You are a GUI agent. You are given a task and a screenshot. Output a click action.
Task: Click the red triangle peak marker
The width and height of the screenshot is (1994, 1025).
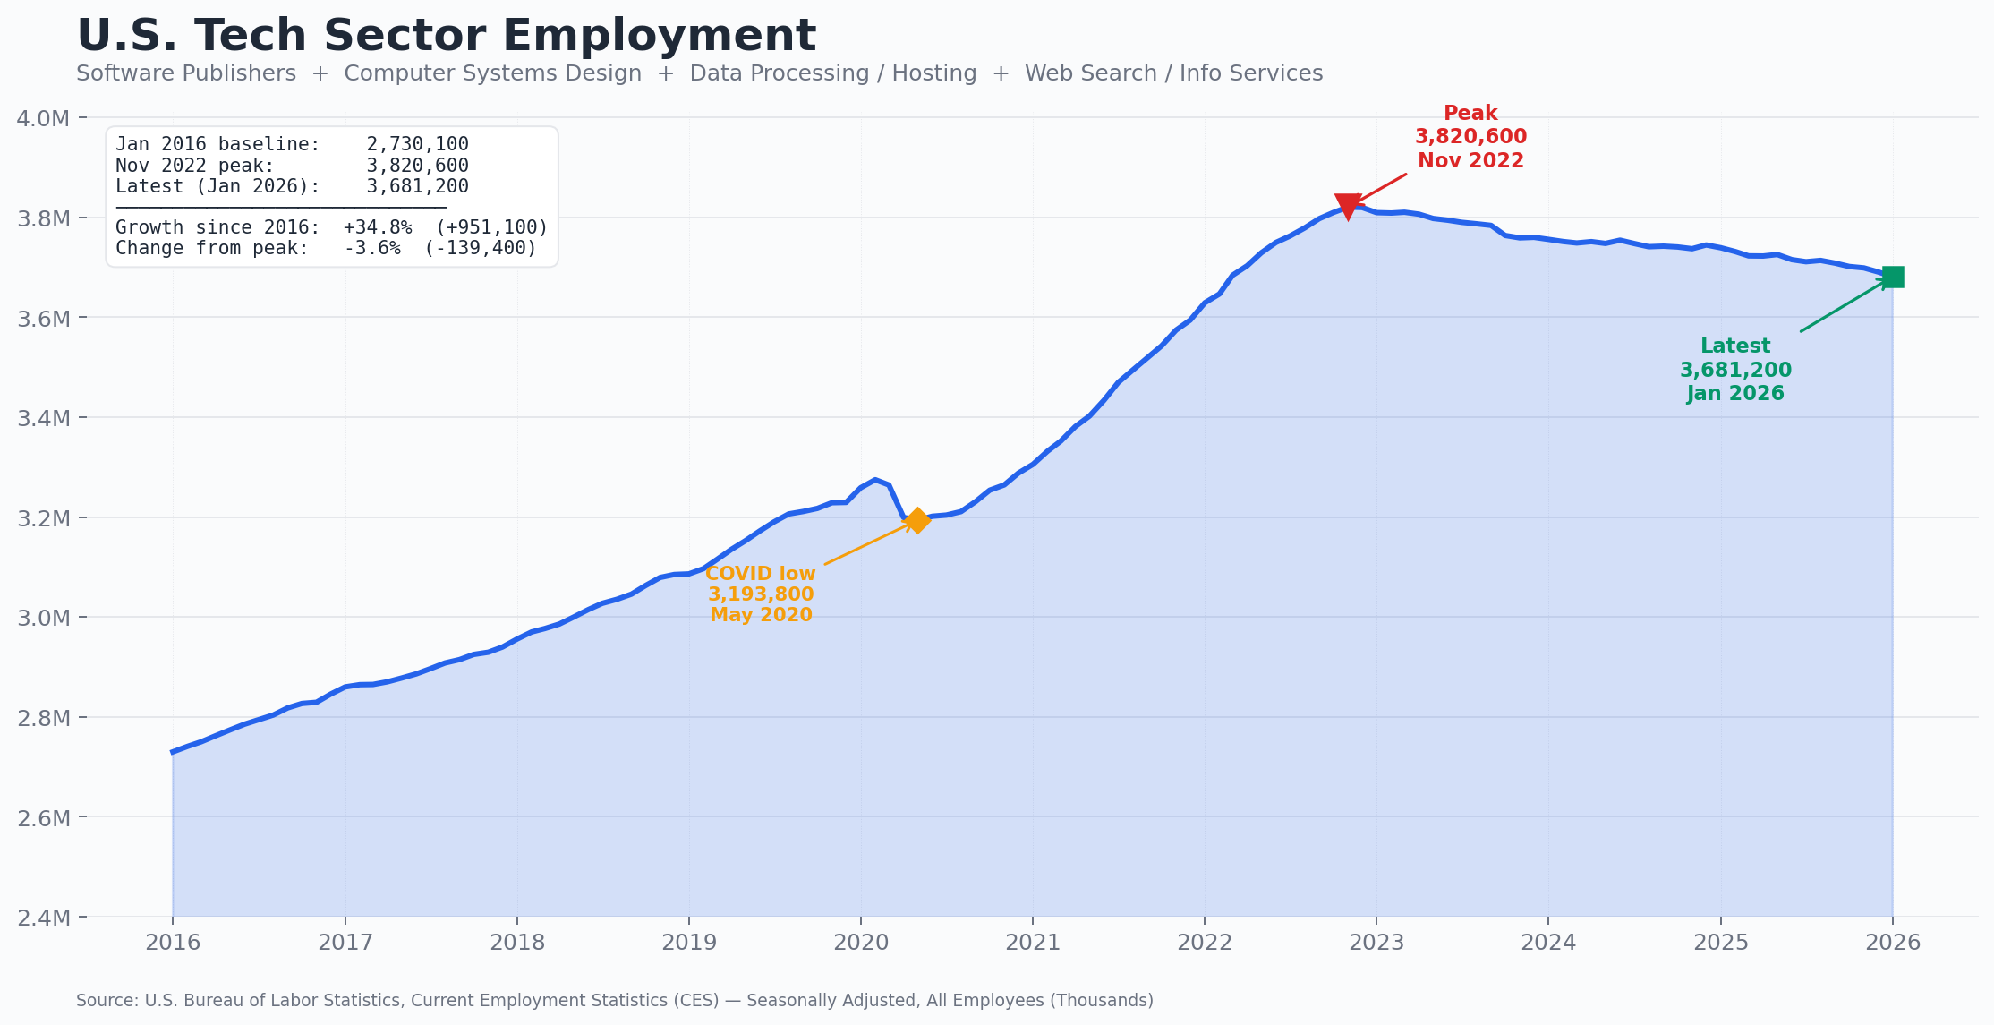pos(1348,205)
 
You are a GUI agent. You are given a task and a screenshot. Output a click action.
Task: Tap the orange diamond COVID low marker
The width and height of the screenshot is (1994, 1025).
pos(916,520)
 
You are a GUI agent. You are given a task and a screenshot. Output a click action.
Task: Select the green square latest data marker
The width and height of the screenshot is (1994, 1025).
pos(1893,278)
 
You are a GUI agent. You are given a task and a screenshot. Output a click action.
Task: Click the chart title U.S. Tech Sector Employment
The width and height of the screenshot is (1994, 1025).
pos(446,37)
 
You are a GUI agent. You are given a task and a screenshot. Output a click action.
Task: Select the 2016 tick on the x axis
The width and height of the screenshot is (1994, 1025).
pos(173,943)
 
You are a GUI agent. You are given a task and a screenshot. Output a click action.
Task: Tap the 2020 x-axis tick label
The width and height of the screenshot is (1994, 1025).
pos(860,943)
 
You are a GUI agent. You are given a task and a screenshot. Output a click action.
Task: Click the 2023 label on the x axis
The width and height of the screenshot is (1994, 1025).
pos(1376,943)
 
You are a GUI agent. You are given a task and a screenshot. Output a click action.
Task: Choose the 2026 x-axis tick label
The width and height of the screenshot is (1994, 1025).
pos(1892,943)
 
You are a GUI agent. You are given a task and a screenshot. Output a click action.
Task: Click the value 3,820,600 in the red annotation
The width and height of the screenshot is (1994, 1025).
pos(1470,137)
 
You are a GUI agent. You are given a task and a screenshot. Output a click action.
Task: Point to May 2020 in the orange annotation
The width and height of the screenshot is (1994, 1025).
pos(761,615)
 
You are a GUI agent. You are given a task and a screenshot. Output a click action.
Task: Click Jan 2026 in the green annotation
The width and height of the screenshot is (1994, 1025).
pos(1735,394)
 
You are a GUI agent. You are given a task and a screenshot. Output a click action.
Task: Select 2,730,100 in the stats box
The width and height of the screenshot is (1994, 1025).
pos(417,144)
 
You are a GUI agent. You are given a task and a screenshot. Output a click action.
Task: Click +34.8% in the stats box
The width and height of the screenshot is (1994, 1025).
pos(377,227)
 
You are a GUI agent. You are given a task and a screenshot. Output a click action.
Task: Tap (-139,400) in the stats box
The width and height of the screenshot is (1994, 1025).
pos(480,248)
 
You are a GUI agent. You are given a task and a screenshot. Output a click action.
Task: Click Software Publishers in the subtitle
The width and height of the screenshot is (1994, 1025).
pos(186,73)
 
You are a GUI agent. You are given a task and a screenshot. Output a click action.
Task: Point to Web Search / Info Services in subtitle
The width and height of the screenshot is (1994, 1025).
pos(1173,73)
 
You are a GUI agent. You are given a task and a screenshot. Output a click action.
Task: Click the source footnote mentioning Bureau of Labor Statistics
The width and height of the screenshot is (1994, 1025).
pos(614,1001)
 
